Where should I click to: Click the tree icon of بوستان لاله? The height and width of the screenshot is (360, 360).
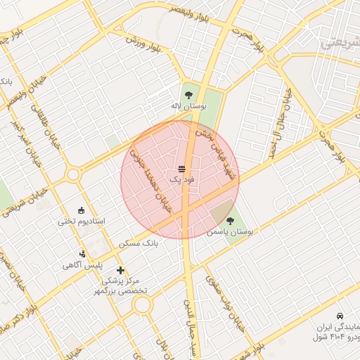coord(188,94)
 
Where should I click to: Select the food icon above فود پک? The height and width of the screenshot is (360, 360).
coord(181,169)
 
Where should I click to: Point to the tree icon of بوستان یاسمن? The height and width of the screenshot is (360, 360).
coord(230,221)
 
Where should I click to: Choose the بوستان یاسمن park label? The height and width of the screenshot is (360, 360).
coord(230,232)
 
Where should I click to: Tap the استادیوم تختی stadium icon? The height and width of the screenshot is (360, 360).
coord(81,210)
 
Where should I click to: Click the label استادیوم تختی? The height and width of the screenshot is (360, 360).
coord(81,221)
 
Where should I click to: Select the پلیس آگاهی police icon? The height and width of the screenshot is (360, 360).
coord(83,254)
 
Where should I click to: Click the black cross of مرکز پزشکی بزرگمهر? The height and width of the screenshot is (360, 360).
coord(120,270)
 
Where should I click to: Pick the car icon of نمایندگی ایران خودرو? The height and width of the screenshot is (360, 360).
coord(340,316)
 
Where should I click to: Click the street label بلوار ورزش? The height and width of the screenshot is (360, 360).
coord(145,44)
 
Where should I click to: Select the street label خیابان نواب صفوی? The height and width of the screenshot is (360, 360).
coord(221,297)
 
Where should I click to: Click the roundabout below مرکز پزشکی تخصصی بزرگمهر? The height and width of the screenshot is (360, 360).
coord(143,304)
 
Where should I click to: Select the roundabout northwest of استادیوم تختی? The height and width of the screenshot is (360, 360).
coord(73,174)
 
